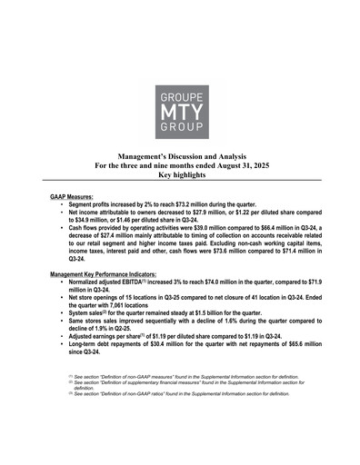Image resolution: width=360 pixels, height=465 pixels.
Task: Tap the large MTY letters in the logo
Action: coord(180,114)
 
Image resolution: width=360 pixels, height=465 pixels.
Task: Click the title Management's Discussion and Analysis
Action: coord(180,158)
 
